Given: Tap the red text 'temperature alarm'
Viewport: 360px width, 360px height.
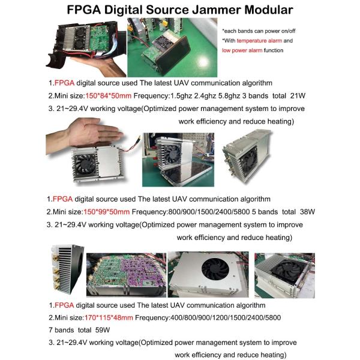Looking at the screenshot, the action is tap(259, 41).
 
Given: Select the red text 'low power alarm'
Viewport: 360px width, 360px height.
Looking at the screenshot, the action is tap(242, 50).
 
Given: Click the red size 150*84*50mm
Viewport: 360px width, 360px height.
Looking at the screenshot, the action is tap(108, 96).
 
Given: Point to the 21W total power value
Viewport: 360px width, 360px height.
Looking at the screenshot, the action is tap(298, 96).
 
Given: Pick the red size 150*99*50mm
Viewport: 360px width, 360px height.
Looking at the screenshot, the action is tap(106, 212).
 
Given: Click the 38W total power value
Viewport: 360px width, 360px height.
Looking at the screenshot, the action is tap(307, 212).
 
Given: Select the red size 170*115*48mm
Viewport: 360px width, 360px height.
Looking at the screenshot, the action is tap(109, 318).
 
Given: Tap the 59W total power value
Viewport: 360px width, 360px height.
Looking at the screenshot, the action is tap(103, 330).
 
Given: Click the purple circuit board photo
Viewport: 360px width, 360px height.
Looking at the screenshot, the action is tap(126, 275).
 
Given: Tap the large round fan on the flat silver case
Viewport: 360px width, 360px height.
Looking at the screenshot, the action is tap(215, 269).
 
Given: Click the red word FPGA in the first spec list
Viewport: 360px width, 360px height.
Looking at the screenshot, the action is tap(64, 83).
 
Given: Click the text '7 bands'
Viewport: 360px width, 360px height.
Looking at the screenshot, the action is tap(61, 330).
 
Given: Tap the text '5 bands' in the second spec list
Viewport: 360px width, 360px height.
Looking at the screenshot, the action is tap(265, 212).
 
